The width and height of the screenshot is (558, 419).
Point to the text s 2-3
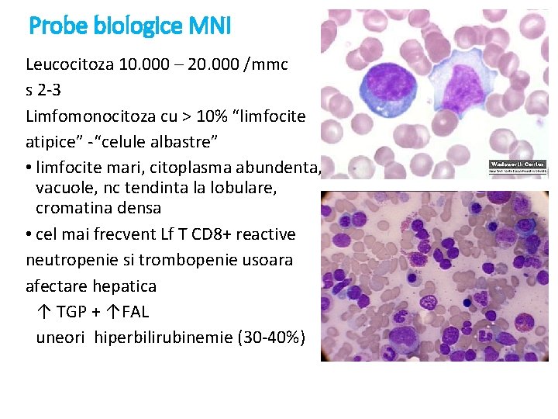43,90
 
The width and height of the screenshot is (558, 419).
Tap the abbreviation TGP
74,313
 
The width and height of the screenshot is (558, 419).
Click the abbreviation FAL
135,313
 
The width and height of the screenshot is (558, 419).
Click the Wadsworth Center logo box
518,167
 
